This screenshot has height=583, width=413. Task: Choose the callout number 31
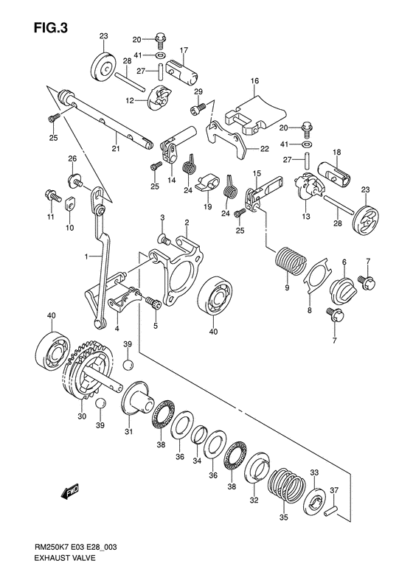[129, 432]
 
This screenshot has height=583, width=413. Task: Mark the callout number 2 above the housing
[187, 222]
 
